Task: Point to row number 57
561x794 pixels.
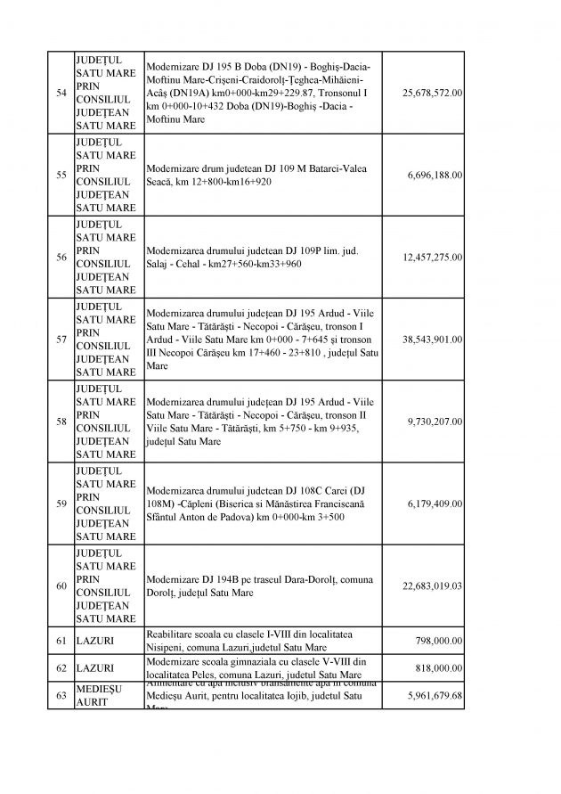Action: tap(61, 340)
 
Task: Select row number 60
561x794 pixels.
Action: tap(61, 585)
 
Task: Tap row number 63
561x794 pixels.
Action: tap(61, 694)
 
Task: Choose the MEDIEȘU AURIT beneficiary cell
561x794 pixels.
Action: tap(99, 694)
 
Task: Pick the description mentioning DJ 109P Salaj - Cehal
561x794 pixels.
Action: tap(252, 258)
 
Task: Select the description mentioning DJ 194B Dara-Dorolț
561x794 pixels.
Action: tap(256, 585)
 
